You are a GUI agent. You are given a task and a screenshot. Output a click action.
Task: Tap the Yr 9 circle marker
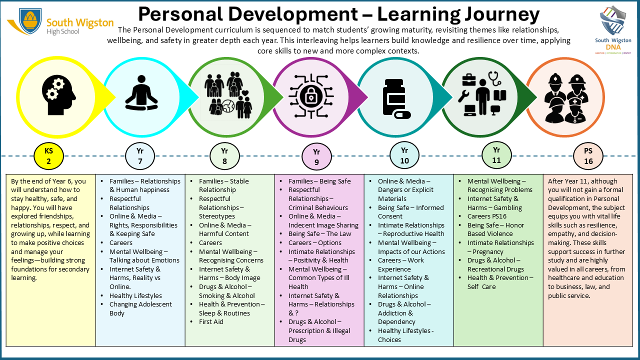coord(316,157)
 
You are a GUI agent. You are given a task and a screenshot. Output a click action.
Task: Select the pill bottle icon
coord(395,98)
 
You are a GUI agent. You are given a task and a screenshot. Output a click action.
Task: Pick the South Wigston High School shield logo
coord(30,20)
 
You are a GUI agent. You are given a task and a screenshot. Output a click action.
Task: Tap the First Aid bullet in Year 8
coord(211,322)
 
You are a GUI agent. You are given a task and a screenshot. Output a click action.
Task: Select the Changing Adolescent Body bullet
coord(140,308)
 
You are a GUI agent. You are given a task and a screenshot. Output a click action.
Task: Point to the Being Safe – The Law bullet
coord(319,234)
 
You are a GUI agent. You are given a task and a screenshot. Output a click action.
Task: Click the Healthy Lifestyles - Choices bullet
coord(405,335)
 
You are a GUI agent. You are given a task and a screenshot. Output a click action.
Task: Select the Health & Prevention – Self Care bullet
coord(500,282)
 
